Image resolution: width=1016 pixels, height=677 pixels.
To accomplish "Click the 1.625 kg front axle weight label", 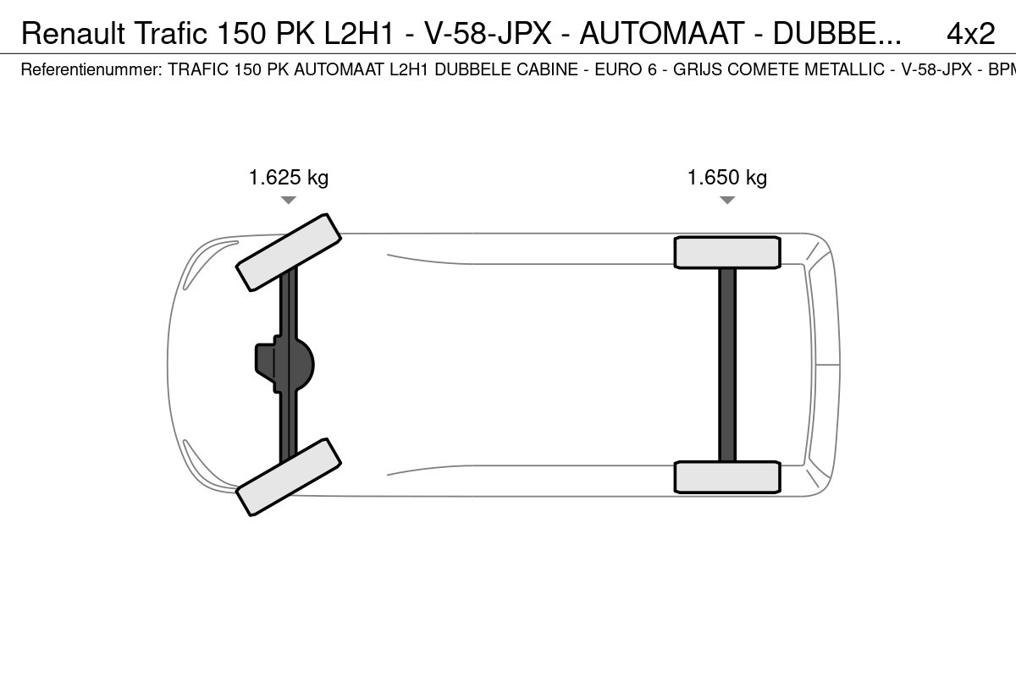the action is pyautogui.click(x=289, y=178).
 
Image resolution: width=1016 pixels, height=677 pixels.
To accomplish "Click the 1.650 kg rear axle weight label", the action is pyautogui.click(x=727, y=178).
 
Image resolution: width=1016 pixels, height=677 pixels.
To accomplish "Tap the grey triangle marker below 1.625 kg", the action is pyautogui.click(x=289, y=200).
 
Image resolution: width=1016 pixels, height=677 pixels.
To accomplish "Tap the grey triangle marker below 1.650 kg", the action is pyautogui.click(x=727, y=200).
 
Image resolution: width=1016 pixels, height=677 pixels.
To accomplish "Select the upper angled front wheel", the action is pyautogui.click(x=289, y=252).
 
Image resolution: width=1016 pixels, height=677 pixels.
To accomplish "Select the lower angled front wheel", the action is pyautogui.click(x=289, y=476).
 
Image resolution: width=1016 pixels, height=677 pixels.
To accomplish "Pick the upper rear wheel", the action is pyautogui.click(x=727, y=252).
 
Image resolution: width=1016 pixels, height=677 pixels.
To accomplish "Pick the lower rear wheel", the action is pyautogui.click(x=727, y=477).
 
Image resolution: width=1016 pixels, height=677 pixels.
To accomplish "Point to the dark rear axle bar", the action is pyautogui.click(x=727, y=365).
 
